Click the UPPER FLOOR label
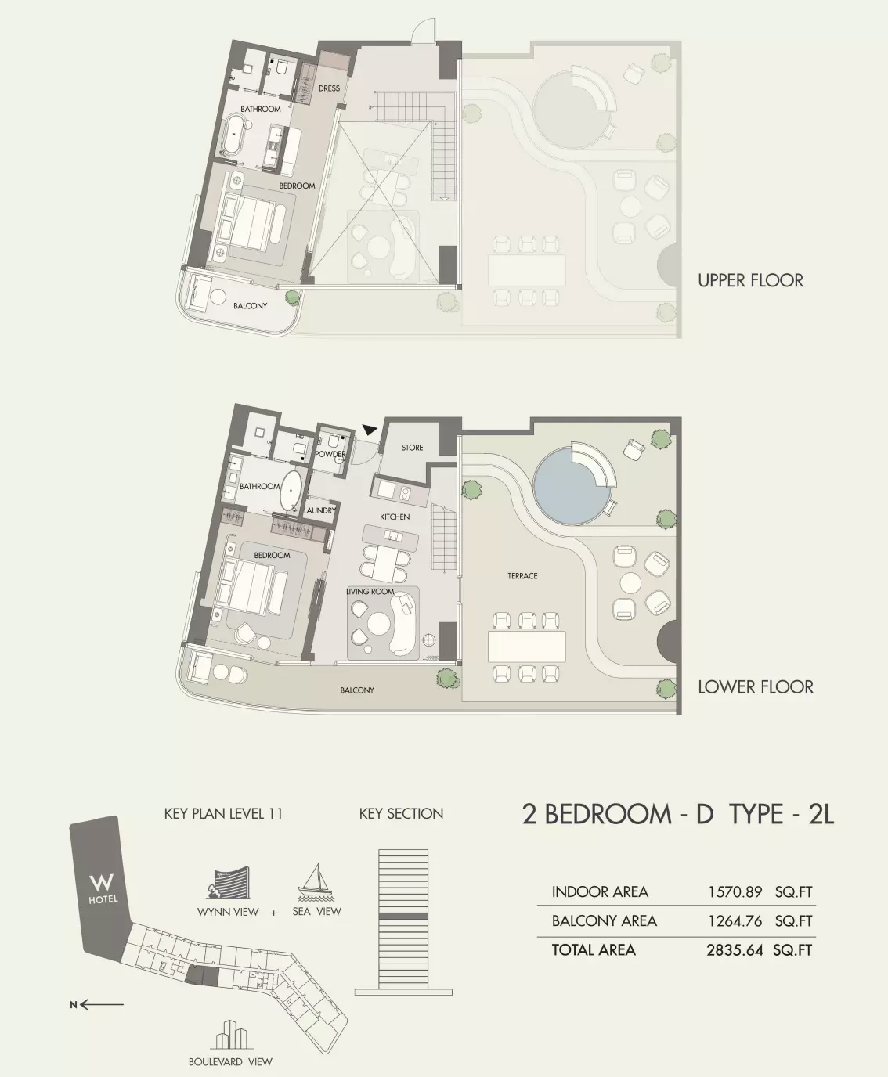[750, 280]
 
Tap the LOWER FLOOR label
[755, 687]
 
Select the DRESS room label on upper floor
[329, 88]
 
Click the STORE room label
[412, 448]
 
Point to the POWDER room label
[330, 454]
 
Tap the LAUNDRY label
[320, 510]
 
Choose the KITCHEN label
[395, 517]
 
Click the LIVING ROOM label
[370, 592]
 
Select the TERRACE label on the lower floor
[522, 576]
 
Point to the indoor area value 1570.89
[735, 891]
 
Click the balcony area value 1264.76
[735, 920]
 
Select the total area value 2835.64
[735, 950]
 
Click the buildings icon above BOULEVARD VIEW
[229, 1035]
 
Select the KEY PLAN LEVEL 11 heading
[223, 813]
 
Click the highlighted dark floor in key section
[403, 915]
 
